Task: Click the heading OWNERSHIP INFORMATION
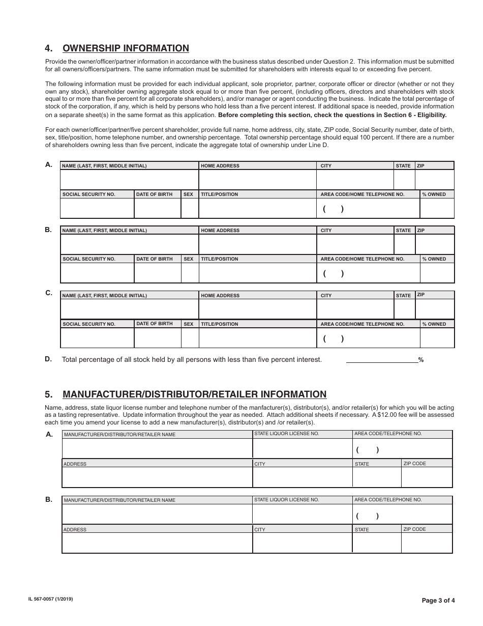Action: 126,48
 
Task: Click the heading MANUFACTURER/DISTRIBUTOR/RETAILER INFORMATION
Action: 194,394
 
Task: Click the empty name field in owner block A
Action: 129,180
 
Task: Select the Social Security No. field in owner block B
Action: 97,273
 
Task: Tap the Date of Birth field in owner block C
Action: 158,338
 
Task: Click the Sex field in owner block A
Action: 190,208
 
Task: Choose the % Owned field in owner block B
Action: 437,273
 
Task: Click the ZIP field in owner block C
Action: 434,309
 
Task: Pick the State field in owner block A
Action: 404,180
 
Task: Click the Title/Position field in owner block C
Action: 257,338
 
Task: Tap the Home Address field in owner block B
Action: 257,244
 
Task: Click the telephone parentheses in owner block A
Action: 334,209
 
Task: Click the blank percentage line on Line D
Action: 381,359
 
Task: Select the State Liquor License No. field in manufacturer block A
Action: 303,448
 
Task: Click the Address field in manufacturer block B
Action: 157,543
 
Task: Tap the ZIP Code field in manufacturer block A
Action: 427,477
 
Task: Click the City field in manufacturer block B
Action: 303,543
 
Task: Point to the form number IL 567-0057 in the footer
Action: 50,600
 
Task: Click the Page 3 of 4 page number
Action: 438,600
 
